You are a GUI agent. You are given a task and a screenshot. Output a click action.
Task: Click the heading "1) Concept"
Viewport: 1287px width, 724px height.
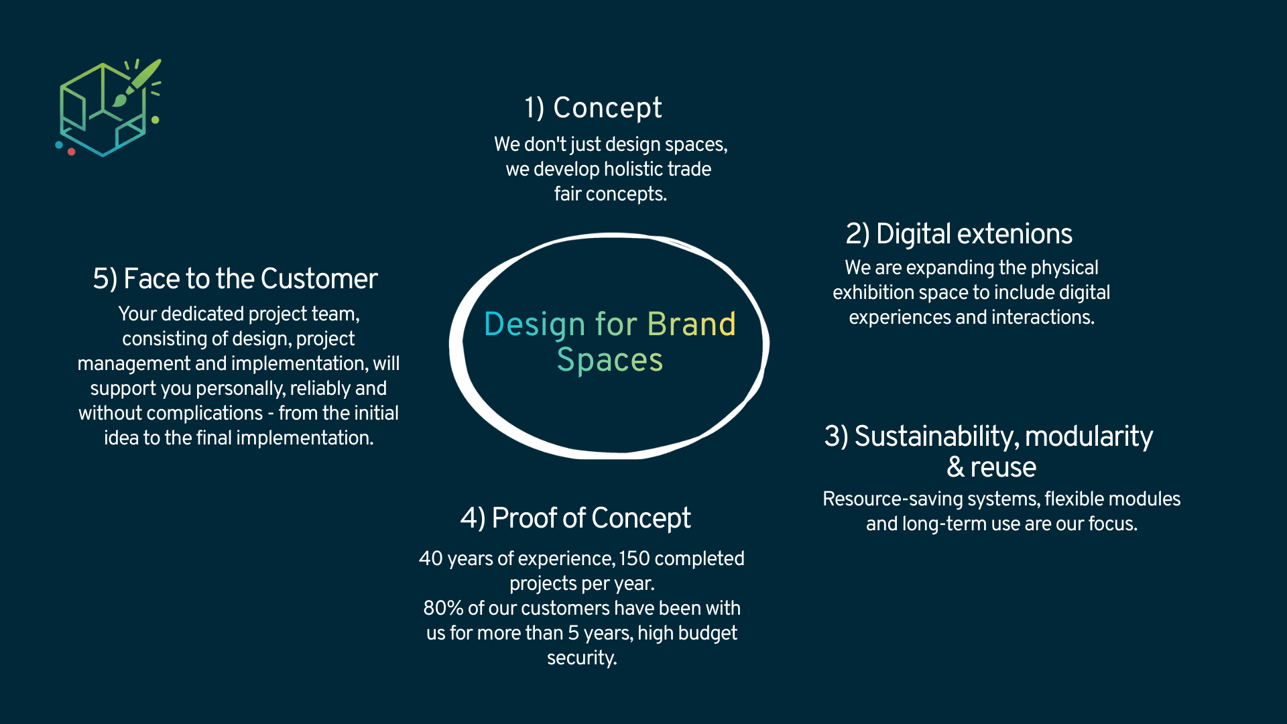[593, 108]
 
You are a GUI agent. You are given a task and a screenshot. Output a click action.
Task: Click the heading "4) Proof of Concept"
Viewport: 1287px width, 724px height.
[576, 518]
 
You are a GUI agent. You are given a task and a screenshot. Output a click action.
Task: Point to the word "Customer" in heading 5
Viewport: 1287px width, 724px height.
[319, 279]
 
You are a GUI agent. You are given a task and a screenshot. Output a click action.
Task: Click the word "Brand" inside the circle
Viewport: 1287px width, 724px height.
[692, 324]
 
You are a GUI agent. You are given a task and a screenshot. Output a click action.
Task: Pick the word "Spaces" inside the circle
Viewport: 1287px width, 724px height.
[610, 360]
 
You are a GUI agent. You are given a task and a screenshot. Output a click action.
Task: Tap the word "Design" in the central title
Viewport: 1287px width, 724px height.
[535, 325]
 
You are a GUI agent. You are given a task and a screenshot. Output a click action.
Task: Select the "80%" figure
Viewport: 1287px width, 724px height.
[443, 608]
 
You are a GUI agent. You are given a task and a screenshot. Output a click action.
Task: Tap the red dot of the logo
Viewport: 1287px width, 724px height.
[71, 152]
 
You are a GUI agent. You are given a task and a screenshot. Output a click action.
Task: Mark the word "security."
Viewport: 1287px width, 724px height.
[582, 658]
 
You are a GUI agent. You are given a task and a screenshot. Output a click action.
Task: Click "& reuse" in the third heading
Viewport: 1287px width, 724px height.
[991, 467]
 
